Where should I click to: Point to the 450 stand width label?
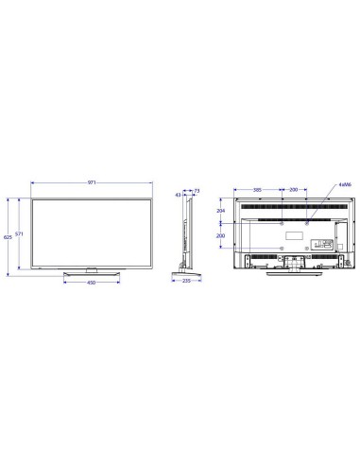pos(92,282)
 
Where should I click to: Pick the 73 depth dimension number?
pos(196,192)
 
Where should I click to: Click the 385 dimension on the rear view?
pos(258,190)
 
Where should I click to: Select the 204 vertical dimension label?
pos(221,213)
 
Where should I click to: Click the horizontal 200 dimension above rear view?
pos(294,190)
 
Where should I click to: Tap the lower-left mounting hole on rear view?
pos(283,245)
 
